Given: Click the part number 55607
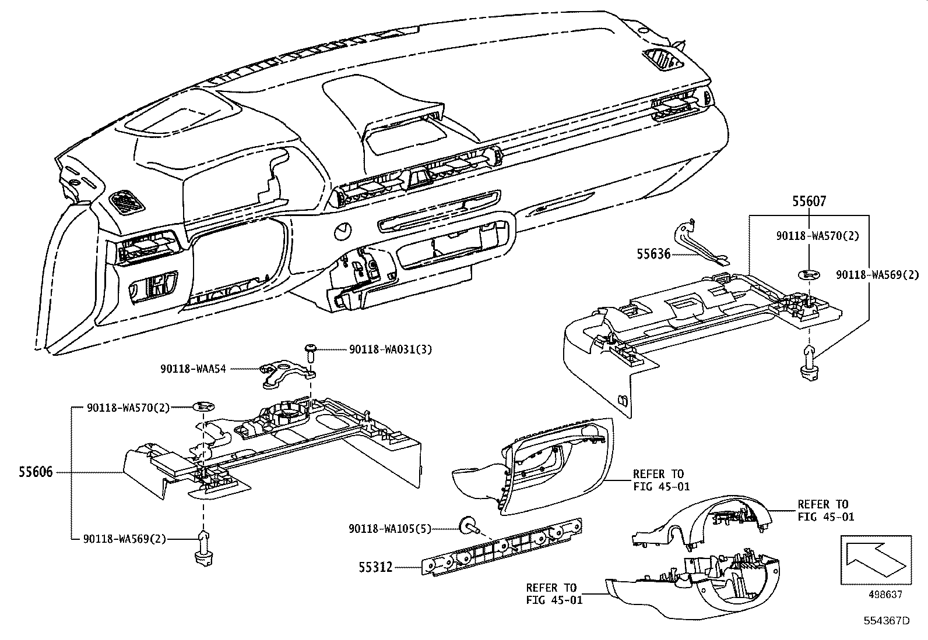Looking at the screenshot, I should (809, 201).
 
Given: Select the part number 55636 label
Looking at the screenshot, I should (653, 254).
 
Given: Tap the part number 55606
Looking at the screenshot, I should (35, 471).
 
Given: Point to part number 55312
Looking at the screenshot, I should (375, 566).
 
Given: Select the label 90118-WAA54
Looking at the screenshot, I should (193, 368).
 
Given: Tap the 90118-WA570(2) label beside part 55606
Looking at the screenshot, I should (128, 408).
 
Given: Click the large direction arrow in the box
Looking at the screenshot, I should (875, 560).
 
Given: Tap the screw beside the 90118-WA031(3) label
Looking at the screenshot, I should (310, 353).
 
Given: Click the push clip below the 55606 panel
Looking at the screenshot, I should (202, 548).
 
